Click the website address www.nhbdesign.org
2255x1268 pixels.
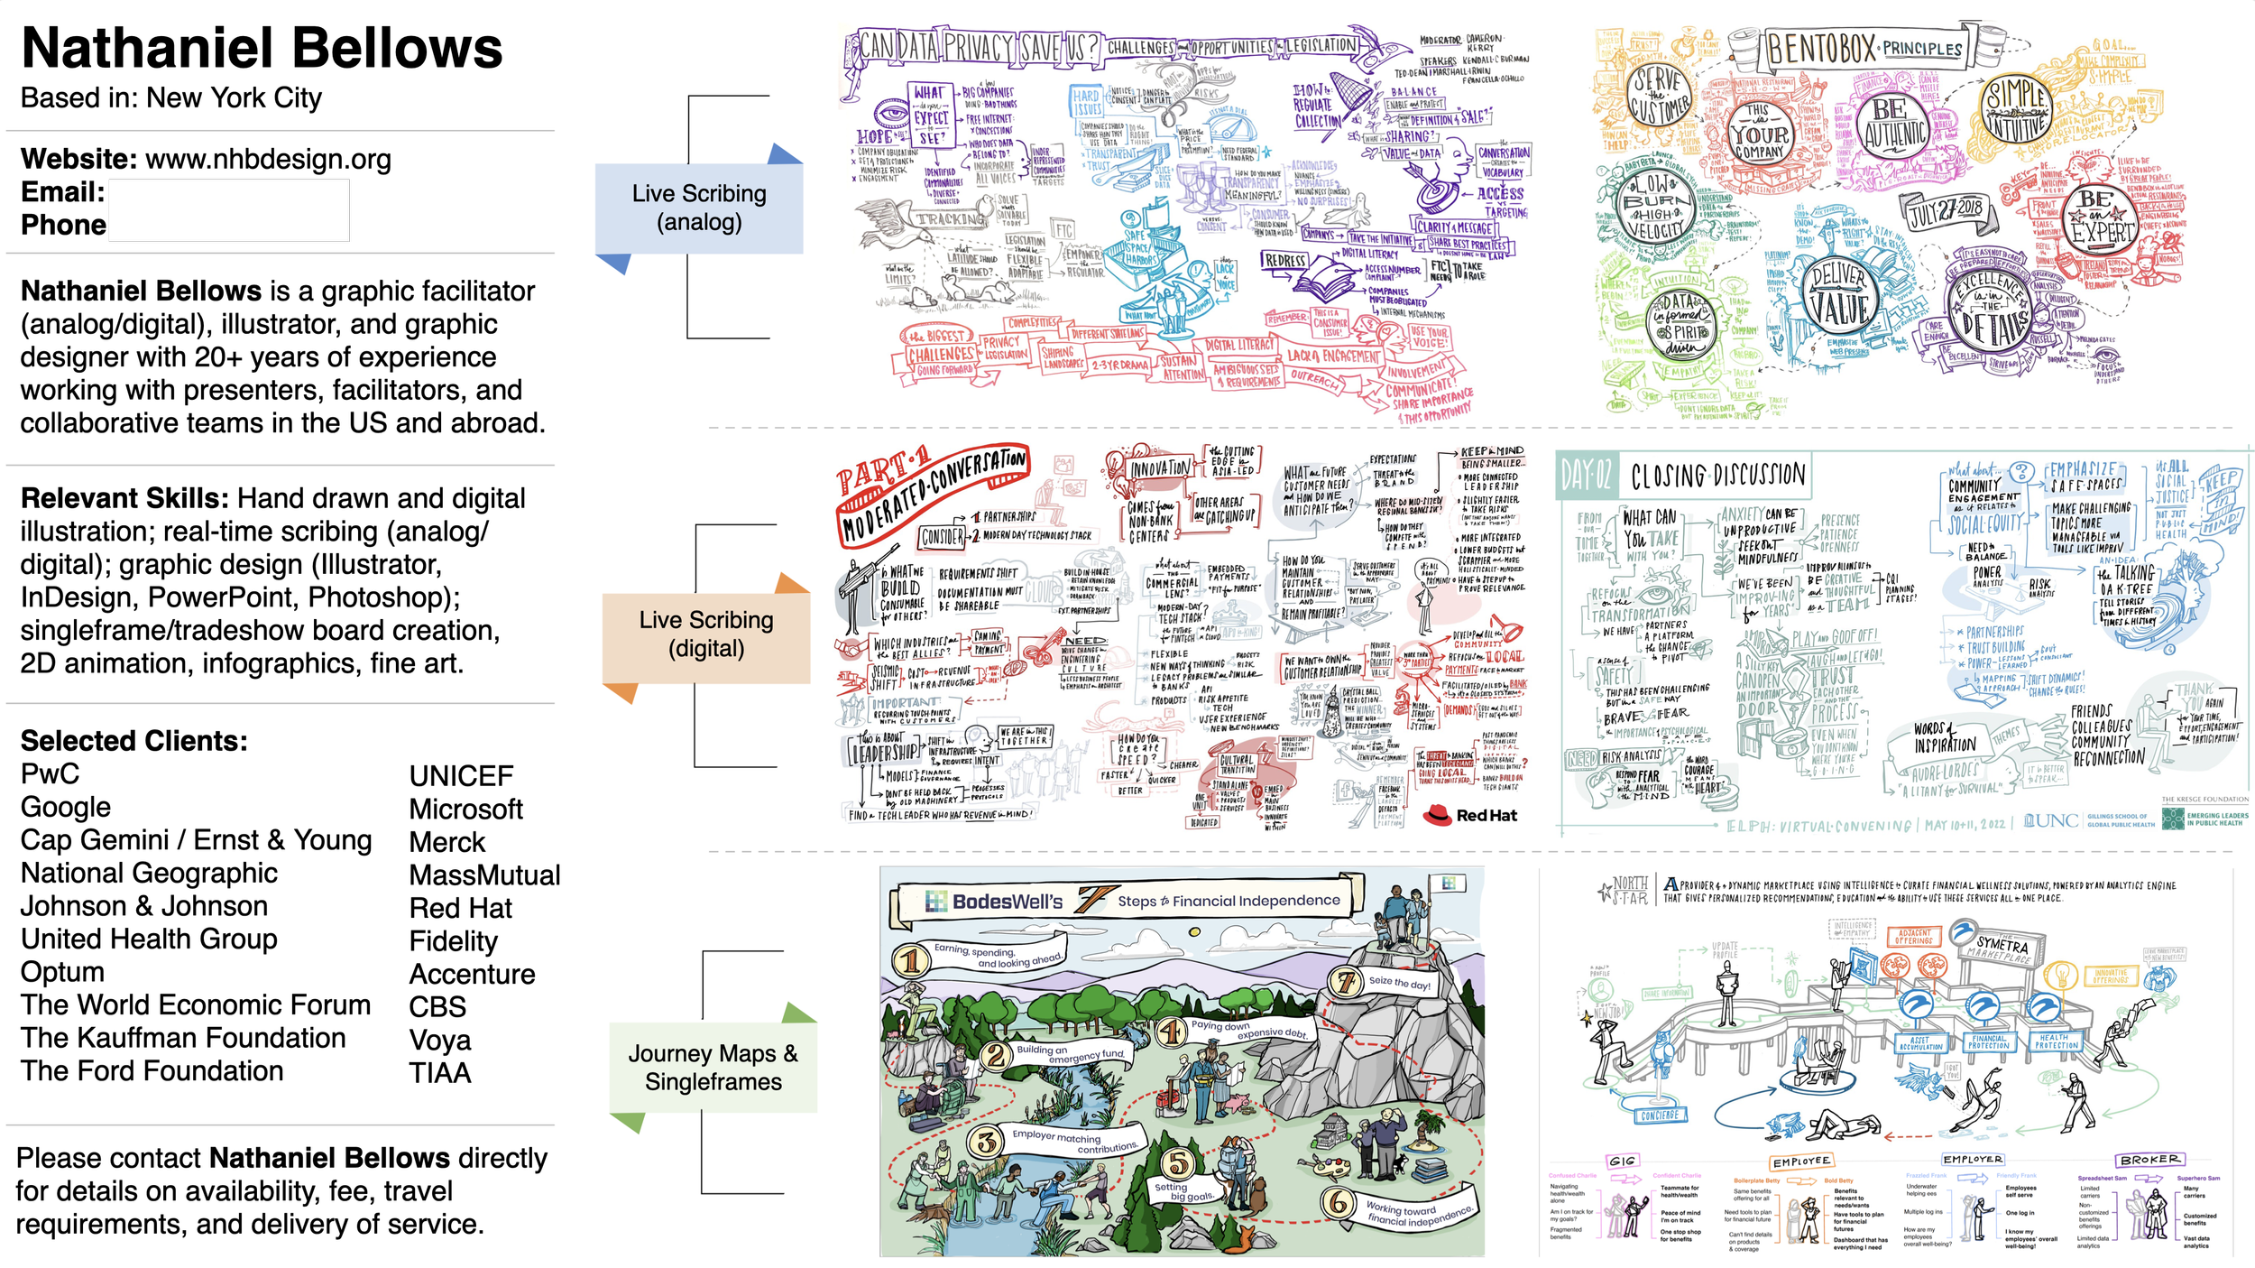coord(268,160)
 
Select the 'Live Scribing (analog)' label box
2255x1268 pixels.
coord(699,208)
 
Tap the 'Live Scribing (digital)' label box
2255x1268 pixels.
coord(706,634)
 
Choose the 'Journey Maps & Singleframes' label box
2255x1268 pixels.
coord(713,1067)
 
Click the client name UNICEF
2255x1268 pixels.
coord(461,776)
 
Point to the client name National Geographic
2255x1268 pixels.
coord(149,873)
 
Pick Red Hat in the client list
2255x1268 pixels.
coord(460,908)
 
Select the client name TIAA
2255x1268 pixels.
coord(440,1073)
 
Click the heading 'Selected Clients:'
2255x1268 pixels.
coord(133,741)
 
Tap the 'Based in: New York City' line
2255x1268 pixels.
coord(171,97)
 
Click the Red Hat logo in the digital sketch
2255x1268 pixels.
coord(1469,815)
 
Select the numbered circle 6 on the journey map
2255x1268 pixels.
coord(1338,1202)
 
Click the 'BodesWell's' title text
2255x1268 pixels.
coord(1007,902)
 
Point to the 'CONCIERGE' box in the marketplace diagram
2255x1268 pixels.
coord(1660,1115)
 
